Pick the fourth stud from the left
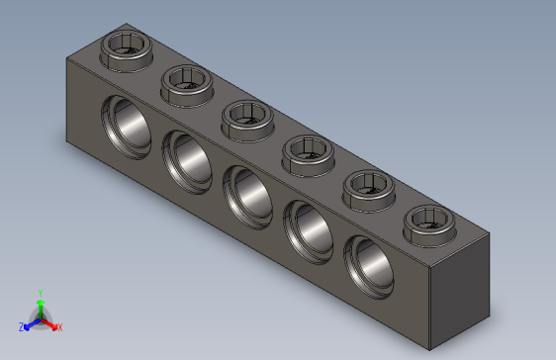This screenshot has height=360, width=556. click(x=309, y=151)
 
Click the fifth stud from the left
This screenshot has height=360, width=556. click(x=369, y=184)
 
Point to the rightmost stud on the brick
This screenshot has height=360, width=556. click(x=430, y=220)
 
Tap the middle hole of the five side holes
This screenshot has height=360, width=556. click(x=246, y=193)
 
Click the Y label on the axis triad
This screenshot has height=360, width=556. click(x=40, y=294)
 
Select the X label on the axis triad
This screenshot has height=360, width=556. click(x=59, y=326)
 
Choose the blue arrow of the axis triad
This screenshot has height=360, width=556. click(x=31, y=322)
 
